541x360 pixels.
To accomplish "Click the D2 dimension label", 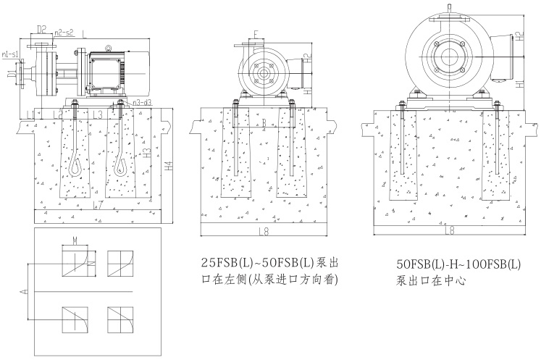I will (x=41, y=30).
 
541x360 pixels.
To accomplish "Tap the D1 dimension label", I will (x=10, y=74).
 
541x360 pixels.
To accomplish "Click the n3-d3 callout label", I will (x=141, y=102).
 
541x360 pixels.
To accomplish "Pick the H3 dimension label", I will (x=147, y=154).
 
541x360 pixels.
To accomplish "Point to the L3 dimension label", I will (x=98, y=114).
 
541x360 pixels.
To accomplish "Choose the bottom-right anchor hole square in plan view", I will (x=119, y=318).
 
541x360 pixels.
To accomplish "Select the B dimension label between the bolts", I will (x=264, y=122).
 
